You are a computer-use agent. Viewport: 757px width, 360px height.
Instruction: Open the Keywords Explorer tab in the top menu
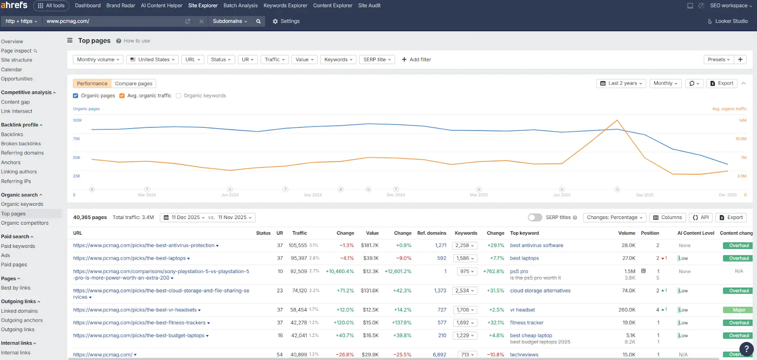[285, 6]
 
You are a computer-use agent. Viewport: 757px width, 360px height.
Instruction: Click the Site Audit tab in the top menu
[369, 6]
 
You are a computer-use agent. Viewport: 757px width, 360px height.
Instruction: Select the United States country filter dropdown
[152, 60]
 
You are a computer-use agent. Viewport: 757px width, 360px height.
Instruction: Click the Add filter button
[416, 60]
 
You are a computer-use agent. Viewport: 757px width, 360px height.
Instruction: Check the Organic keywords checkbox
[178, 96]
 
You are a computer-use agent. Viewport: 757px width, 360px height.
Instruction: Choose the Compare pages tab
[133, 84]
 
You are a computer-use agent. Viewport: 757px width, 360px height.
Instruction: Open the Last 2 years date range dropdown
[621, 83]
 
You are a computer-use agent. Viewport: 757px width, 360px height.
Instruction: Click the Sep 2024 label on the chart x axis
[313, 195]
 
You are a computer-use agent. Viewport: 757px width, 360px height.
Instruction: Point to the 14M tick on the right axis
[742, 121]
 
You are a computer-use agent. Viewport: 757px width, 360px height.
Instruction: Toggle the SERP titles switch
[535, 218]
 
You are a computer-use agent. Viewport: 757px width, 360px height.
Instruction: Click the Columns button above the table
[668, 218]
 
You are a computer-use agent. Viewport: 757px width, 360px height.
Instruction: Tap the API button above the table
[701, 218]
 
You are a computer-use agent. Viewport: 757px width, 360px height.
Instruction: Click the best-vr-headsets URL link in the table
[135, 310]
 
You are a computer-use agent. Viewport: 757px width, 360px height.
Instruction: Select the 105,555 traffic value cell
[298, 246]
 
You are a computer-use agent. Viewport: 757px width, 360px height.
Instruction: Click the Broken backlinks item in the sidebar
[21, 144]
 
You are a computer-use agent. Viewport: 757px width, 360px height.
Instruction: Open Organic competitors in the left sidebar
[25, 223]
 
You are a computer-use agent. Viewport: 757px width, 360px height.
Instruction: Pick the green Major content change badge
[739, 310]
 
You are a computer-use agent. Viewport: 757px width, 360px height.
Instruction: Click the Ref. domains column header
[431, 233]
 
